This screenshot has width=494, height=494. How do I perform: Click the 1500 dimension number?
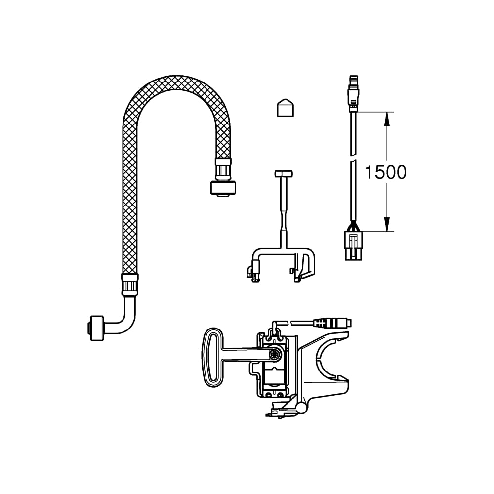(386, 172)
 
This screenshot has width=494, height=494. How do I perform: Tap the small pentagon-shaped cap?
(286, 108)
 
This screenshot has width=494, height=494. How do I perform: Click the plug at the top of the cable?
(353, 93)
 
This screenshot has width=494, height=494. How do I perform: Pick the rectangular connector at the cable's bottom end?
(354, 246)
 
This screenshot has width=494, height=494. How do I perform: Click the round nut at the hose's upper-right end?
(223, 188)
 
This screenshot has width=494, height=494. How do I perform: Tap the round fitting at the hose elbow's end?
(96, 328)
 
